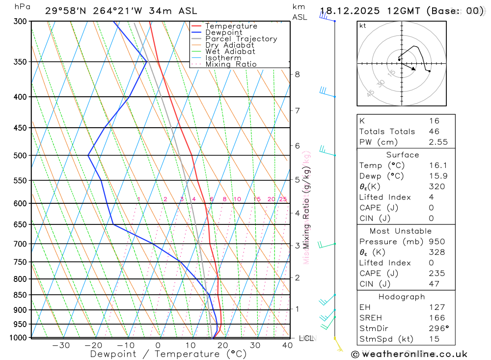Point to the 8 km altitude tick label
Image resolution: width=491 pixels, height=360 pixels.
pyautogui.click(x=297, y=75)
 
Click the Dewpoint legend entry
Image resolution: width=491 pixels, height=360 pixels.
pyautogui.click(x=223, y=32)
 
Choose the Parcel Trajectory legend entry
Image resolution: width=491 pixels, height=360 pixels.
pyautogui.click(x=241, y=39)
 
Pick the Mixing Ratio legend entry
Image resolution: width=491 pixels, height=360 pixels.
pyautogui.click(x=231, y=64)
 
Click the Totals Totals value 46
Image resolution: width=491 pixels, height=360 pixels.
pyautogui.click(x=434, y=132)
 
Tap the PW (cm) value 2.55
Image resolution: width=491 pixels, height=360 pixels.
pyautogui.click(x=437, y=142)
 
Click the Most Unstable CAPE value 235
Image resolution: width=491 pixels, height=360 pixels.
pyautogui.click(x=436, y=274)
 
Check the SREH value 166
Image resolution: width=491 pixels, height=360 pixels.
pyautogui.click(x=436, y=318)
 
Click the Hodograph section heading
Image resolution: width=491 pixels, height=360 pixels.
pyautogui.click(x=406, y=297)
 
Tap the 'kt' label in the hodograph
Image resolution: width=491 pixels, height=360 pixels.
pyautogui.click(x=363, y=26)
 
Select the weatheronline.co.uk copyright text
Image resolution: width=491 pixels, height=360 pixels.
pyautogui.click(x=409, y=354)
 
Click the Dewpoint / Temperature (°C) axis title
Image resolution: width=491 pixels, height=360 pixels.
pyautogui.click(x=168, y=354)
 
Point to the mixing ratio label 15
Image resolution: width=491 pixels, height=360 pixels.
pyautogui.click(x=257, y=199)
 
